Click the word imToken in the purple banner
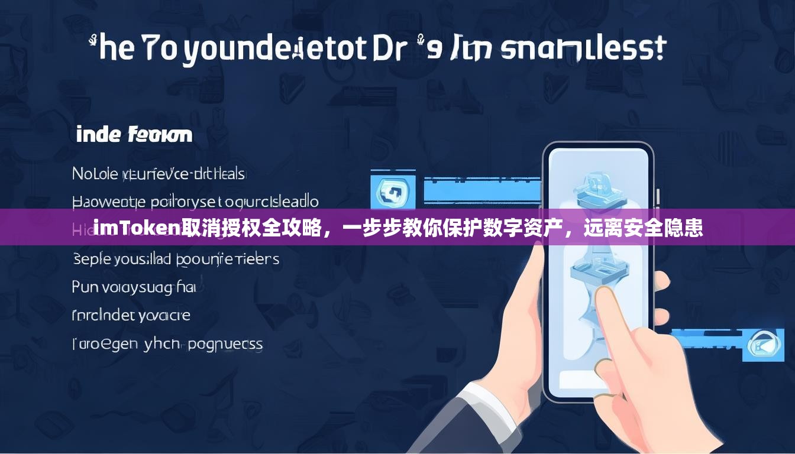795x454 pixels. [x=137, y=228]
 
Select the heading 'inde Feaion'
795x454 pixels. [x=134, y=135]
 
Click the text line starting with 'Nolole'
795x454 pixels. [x=158, y=173]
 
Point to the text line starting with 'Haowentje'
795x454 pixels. [x=195, y=202]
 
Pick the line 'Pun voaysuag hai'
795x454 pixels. [x=134, y=287]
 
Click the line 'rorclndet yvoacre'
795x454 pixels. [x=131, y=316]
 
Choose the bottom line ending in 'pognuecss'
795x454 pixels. [x=167, y=343]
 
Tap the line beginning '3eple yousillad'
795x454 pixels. [x=176, y=259]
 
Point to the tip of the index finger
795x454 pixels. [x=607, y=294]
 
